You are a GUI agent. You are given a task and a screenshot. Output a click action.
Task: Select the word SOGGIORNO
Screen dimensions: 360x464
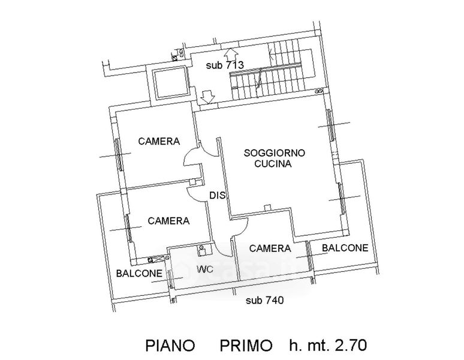(x=275, y=153)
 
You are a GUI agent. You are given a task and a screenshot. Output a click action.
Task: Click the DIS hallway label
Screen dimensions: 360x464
(x=216, y=194)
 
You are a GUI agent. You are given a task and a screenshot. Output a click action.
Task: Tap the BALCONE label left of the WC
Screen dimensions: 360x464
(x=139, y=273)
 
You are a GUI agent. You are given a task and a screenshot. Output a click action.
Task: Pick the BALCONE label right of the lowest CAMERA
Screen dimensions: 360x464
(x=345, y=248)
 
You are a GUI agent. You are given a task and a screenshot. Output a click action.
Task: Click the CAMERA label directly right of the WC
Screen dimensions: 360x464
(x=270, y=248)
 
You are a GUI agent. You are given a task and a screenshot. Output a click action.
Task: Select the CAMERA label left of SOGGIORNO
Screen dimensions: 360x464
(x=159, y=142)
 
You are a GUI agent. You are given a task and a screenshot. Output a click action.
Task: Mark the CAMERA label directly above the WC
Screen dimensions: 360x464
(x=168, y=221)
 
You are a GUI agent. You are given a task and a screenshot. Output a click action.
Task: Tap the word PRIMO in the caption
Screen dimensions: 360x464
(x=246, y=346)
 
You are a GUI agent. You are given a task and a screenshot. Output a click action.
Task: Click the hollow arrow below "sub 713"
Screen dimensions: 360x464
(x=208, y=96)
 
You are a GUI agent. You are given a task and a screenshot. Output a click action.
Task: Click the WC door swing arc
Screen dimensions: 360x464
(x=222, y=245)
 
